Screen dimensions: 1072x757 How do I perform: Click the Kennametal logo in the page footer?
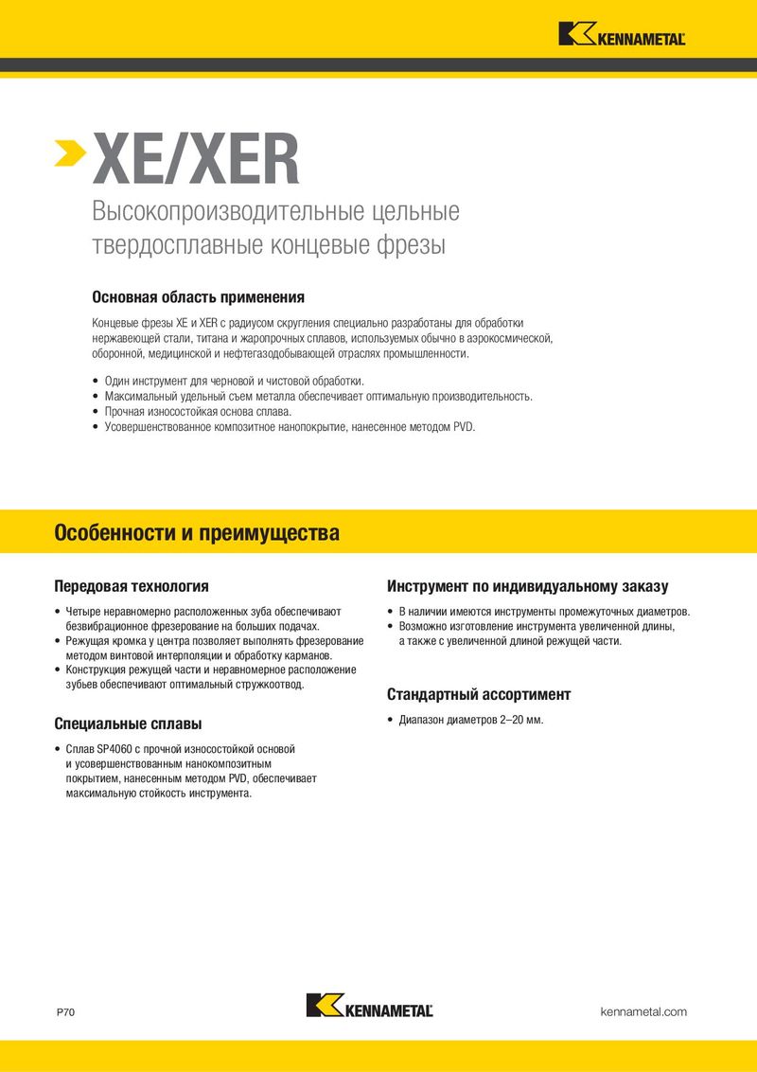coord(370,1006)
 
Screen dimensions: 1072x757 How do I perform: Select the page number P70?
coord(65,1012)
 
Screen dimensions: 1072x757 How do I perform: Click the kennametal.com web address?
coord(643,1011)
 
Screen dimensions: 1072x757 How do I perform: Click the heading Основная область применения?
coord(198,296)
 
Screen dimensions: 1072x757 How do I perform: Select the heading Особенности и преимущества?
coord(197,533)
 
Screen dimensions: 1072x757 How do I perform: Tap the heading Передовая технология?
coord(132,586)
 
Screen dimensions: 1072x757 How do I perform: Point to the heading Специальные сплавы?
coord(128,724)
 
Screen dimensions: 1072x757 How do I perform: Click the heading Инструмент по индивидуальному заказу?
coord(527,586)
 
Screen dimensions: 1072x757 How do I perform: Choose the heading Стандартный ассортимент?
coord(479,694)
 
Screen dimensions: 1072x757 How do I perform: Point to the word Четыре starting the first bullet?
coord(80,612)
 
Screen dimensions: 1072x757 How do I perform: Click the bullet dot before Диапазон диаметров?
coord(391,720)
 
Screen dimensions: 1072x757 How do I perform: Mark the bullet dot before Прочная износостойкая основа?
coord(96,412)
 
